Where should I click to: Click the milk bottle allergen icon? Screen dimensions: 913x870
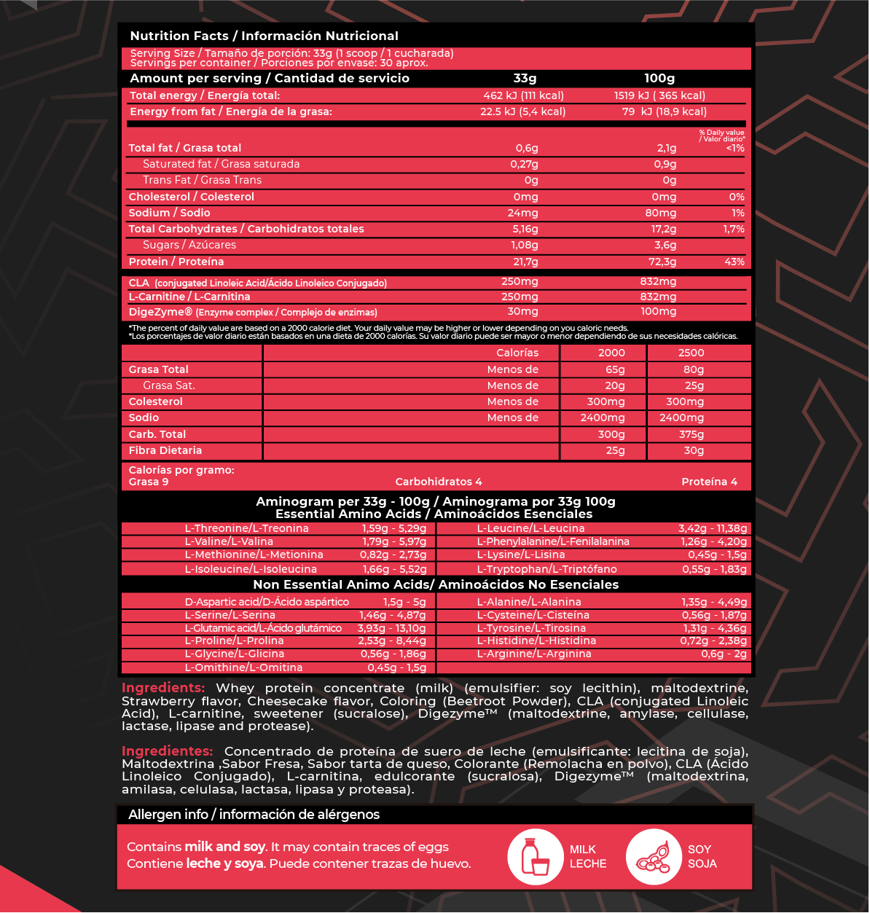532,854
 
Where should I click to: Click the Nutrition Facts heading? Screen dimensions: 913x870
264,36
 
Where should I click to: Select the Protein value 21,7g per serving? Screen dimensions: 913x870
525,262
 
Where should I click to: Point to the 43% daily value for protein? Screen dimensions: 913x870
734,262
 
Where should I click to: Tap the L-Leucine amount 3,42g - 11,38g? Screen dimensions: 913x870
712,528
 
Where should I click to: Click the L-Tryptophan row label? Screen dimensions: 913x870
546,569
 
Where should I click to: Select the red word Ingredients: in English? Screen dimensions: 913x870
163,688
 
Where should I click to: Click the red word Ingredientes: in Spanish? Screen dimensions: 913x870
167,751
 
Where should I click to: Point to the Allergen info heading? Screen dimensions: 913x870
254,815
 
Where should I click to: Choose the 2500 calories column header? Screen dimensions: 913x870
691,353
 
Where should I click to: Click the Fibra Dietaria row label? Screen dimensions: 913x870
165,450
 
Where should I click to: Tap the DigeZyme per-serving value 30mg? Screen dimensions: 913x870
522,311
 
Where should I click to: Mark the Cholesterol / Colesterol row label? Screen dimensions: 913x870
191,197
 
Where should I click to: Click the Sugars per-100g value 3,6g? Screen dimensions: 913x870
665,245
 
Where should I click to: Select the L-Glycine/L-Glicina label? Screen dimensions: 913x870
234,654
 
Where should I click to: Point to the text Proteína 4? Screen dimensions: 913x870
709,482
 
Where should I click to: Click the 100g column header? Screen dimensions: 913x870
659,78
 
